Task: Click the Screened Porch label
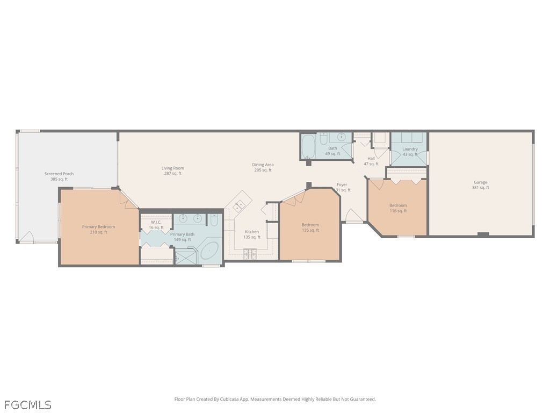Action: [59, 176]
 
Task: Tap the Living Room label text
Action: [172, 170]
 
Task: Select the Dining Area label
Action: [263, 167]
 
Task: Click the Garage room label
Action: [480, 185]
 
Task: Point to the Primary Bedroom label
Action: [99, 229]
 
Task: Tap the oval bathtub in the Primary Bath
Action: [209, 251]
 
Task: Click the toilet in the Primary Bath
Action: [214, 220]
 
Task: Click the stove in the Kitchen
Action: [250, 254]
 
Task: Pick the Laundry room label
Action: [410, 151]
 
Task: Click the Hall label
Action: [371, 161]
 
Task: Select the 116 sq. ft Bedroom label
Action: [398, 208]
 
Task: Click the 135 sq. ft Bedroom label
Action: [310, 227]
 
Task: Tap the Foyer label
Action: [342, 187]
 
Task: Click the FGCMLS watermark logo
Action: [26, 404]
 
